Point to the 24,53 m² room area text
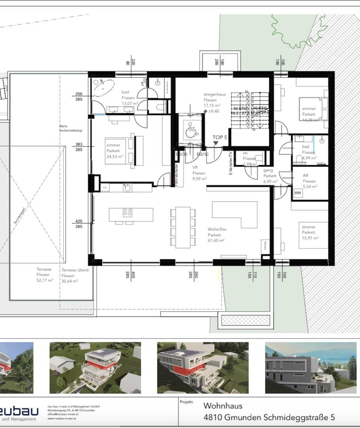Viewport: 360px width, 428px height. pyautogui.click(x=115, y=157)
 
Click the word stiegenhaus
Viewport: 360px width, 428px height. pyautogui.click(x=214, y=94)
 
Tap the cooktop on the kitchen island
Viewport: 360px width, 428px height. pyautogui.click(x=128, y=212)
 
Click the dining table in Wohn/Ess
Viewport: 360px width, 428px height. pyautogui.click(x=183, y=227)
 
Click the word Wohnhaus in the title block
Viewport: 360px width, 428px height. pyautogui.click(x=223, y=406)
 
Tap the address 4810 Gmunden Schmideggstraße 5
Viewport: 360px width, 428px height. pyautogui.click(x=269, y=417)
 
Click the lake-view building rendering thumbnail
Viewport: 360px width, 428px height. pyautogui.click(x=307, y=367)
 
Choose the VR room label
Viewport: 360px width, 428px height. pyautogui.click(x=195, y=167)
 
